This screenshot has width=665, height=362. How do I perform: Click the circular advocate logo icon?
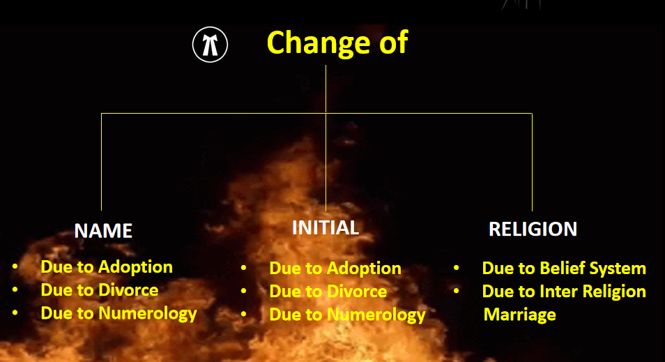click(x=210, y=45)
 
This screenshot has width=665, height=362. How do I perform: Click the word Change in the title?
click(x=319, y=43)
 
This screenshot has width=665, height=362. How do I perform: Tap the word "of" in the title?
click(x=394, y=42)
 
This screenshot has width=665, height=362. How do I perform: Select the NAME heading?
click(x=103, y=231)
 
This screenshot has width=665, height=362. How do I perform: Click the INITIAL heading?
click(x=326, y=228)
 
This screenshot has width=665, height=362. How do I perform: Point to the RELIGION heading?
click(x=533, y=229)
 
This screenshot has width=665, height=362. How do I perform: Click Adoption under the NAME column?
click(x=135, y=267)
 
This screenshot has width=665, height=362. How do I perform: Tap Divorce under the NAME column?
click(x=128, y=290)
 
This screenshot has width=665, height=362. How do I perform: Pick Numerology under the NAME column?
click(x=148, y=314)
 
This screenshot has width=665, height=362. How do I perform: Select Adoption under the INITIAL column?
click(x=364, y=269)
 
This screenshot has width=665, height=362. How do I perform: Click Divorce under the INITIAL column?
click(x=357, y=292)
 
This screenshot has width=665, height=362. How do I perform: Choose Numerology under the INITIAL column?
click(x=376, y=315)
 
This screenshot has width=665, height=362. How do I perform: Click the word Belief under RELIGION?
click(x=562, y=269)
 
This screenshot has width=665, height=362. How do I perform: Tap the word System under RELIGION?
click(x=618, y=269)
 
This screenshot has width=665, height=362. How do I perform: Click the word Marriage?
click(x=519, y=315)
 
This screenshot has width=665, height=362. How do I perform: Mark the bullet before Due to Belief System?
click(x=457, y=268)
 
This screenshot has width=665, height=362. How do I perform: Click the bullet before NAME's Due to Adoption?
click(x=15, y=266)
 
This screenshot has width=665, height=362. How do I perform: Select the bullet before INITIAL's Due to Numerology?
click(x=243, y=315)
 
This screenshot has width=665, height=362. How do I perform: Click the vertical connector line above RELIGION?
click(x=532, y=162)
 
